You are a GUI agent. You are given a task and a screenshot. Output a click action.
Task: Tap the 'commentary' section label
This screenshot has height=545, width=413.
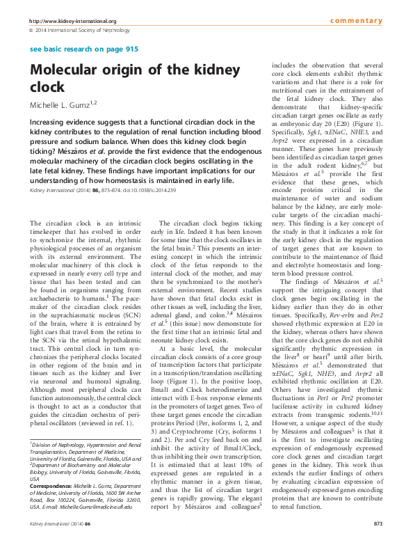click(356, 21)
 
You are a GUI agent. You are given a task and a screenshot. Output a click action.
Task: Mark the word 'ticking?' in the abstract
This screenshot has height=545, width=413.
click(47, 150)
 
